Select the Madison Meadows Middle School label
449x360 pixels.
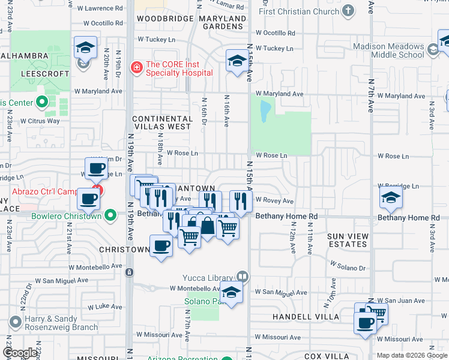click(x=388, y=50)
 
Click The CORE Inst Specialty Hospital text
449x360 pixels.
click(x=179, y=68)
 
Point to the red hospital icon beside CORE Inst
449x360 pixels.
click(x=137, y=66)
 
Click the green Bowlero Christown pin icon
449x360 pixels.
click(x=110, y=215)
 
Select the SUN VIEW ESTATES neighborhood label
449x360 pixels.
click(x=348, y=240)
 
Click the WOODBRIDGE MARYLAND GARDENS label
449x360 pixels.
click(x=191, y=22)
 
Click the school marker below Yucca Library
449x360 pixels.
click(x=230, y=293)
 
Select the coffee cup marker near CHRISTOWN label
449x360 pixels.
click(x=161, y=246)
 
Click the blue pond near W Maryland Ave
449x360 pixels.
click(x=264, y=110)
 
